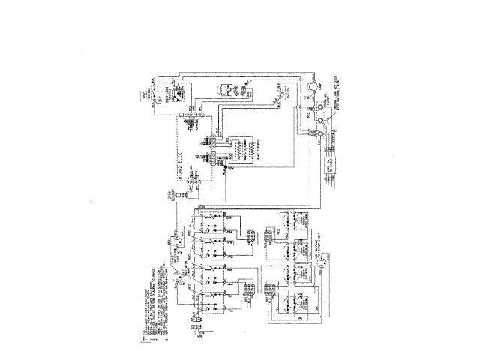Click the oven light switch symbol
pos(282,94)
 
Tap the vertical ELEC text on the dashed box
pos(178,158)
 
